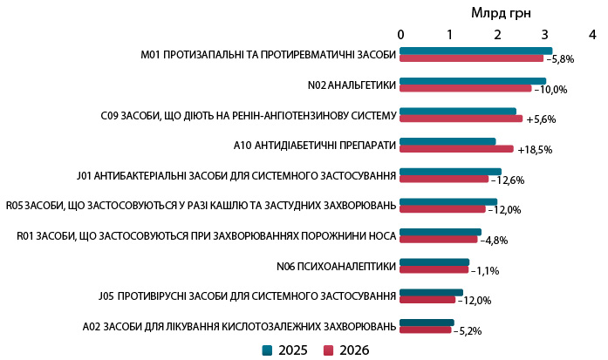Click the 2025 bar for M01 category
coord(475,51)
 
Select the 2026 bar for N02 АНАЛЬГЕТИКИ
coord(466,88)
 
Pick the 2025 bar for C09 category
coord(458,111)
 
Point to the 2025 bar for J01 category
coord(451,171)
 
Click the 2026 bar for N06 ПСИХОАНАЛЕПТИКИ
coord(434,269)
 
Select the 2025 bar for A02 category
coord(427,323)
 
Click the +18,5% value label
coord(535,150)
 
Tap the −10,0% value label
coord(550,89)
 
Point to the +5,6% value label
coord(541,119)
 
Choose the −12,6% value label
coord(507,180)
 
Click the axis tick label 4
coord(592,34)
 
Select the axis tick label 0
coord(400,34)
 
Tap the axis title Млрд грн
coord(501,12)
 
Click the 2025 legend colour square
coord(268,350)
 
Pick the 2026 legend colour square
coord(329,350)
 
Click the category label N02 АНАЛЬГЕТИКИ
coord(352,85)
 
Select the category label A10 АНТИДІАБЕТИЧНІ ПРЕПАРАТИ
coord(315,145)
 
